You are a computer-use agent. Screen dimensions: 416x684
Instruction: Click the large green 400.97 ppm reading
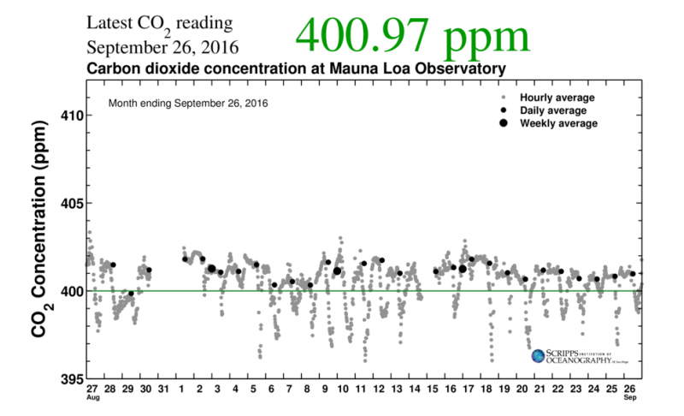[x=412, y=36]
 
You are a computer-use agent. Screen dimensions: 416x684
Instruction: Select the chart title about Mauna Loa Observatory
[x=297, y=68]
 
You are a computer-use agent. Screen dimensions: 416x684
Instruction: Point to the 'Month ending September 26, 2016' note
[x=188, y=104]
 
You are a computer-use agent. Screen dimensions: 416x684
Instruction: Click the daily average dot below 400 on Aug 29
[x=131, y=294]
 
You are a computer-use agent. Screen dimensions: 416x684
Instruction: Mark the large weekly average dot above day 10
[x=337, y=271]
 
